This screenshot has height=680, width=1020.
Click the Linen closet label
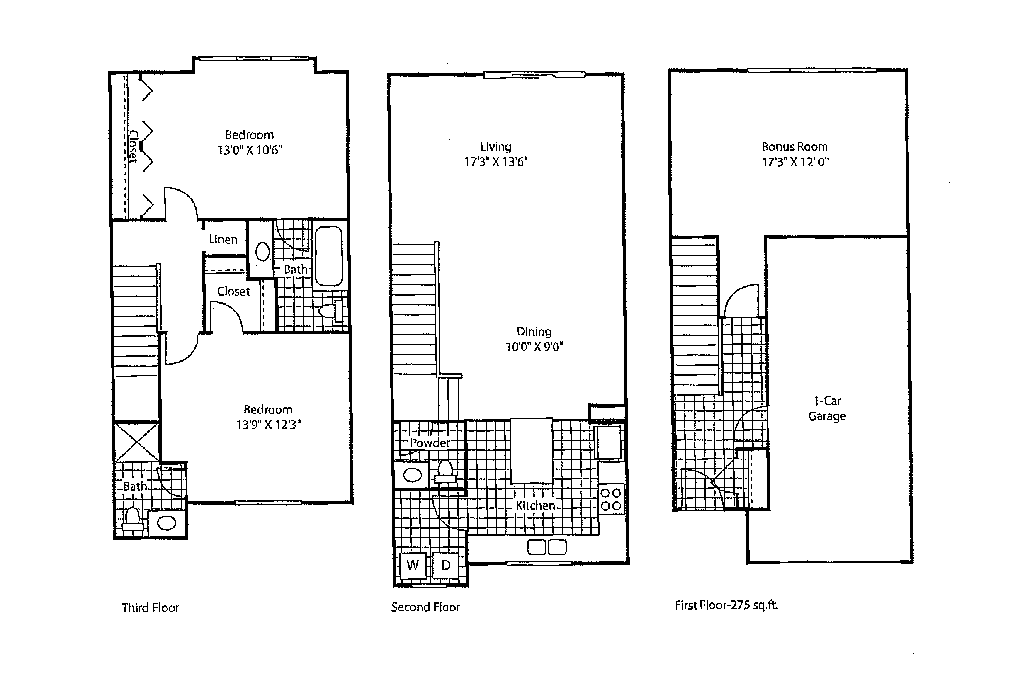point(223,239)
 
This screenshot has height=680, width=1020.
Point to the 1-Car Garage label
point(827,408)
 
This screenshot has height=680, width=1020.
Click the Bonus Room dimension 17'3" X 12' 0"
point(795,162)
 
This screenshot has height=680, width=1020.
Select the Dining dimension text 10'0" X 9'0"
point(534,347)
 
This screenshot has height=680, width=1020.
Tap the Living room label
point(495,147)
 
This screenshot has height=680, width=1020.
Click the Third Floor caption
point(151,607)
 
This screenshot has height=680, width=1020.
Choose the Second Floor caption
point(425,607)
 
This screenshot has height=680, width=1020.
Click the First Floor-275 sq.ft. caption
point(726,605)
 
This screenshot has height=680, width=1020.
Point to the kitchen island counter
point(531,450)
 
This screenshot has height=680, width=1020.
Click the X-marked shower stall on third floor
point(137,442)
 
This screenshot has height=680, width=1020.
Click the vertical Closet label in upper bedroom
point(134,147)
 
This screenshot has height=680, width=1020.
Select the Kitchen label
point(535,506)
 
